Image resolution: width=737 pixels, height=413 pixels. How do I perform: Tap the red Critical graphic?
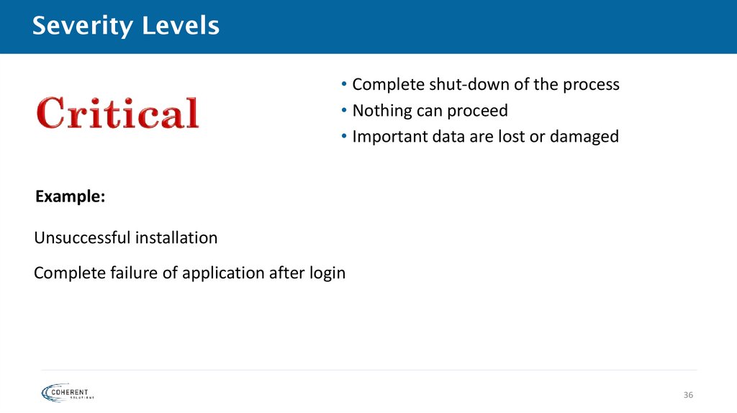click(x=117, y=114)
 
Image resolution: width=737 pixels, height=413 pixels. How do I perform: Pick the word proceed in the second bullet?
click(x=478, y=111)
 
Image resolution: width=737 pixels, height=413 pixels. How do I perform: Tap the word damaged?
click(x=584, y=137)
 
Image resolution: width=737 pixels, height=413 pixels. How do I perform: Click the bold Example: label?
click(x=70, y=197)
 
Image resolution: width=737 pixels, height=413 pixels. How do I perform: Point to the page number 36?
click(x=688, y=396)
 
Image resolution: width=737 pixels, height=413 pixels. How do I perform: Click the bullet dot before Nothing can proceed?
click(x=345, y=111)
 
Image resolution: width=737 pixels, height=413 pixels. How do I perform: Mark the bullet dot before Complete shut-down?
click(x=345, y=85)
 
